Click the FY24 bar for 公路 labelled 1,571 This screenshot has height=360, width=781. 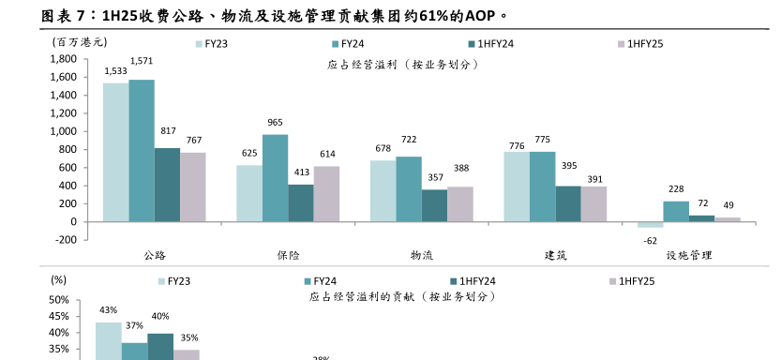coord(142,150)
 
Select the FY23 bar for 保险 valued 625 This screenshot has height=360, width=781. coord(249,193)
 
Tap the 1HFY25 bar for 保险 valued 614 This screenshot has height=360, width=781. coord(326,193)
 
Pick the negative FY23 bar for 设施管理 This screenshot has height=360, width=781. coord(650,225)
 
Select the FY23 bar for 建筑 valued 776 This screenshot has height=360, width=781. coord(517,187)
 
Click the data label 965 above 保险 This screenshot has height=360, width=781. coord(276,123)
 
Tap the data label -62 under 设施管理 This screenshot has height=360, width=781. coord(650,241)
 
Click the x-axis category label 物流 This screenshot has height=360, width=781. coord(422,255)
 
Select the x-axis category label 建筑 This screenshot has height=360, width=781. coord(555,255)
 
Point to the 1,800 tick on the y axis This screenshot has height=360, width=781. coord(63,59)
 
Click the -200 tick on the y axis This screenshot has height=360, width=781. coord(66,240)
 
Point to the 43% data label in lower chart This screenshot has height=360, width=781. coord(108,310)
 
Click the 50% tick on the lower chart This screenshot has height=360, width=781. coord(58,299)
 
